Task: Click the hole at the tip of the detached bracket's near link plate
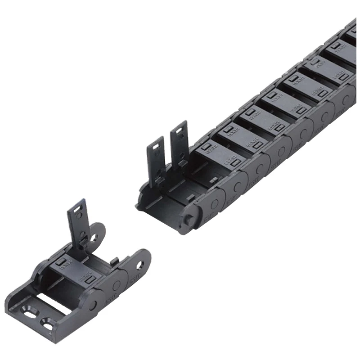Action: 141,265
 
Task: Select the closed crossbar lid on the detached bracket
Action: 74,270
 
